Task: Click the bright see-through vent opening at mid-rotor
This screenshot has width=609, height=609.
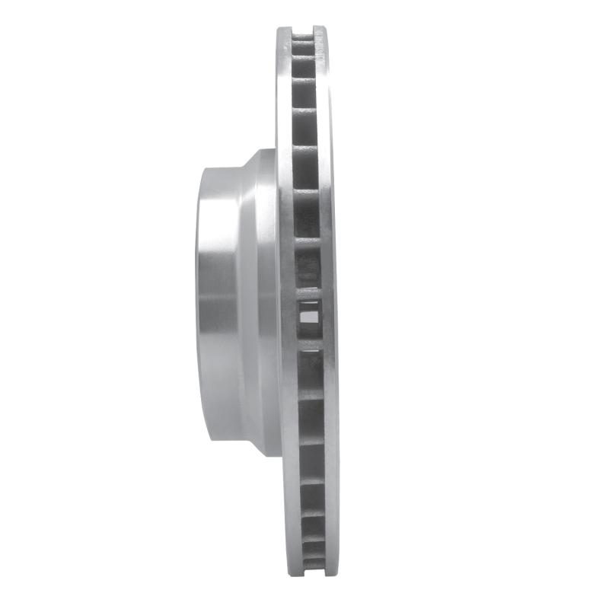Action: click(310, 311)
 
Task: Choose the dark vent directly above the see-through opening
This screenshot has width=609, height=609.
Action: click(308, 263)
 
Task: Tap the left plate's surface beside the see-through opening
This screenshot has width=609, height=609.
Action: click(288, 311)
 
